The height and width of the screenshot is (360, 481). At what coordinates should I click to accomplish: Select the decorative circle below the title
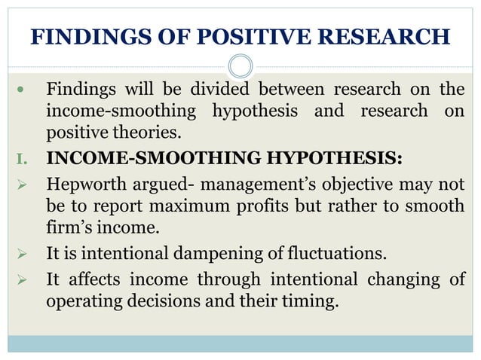click(x=240, y=66)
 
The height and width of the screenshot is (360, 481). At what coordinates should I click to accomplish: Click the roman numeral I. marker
click(x=21, y=159)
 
